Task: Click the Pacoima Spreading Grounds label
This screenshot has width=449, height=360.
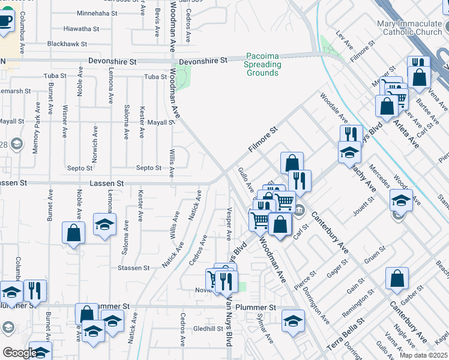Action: point(262,64)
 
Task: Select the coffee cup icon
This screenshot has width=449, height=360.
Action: point(5,21)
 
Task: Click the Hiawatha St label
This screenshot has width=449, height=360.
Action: point(81,28)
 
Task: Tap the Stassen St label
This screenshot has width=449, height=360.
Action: point(133,268)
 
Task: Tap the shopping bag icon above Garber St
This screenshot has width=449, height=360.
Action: point(397,278)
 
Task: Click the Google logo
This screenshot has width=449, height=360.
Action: point(19,353)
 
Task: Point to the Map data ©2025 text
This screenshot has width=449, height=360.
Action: point(423,355)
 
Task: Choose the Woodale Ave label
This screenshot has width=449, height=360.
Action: point(334,107)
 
